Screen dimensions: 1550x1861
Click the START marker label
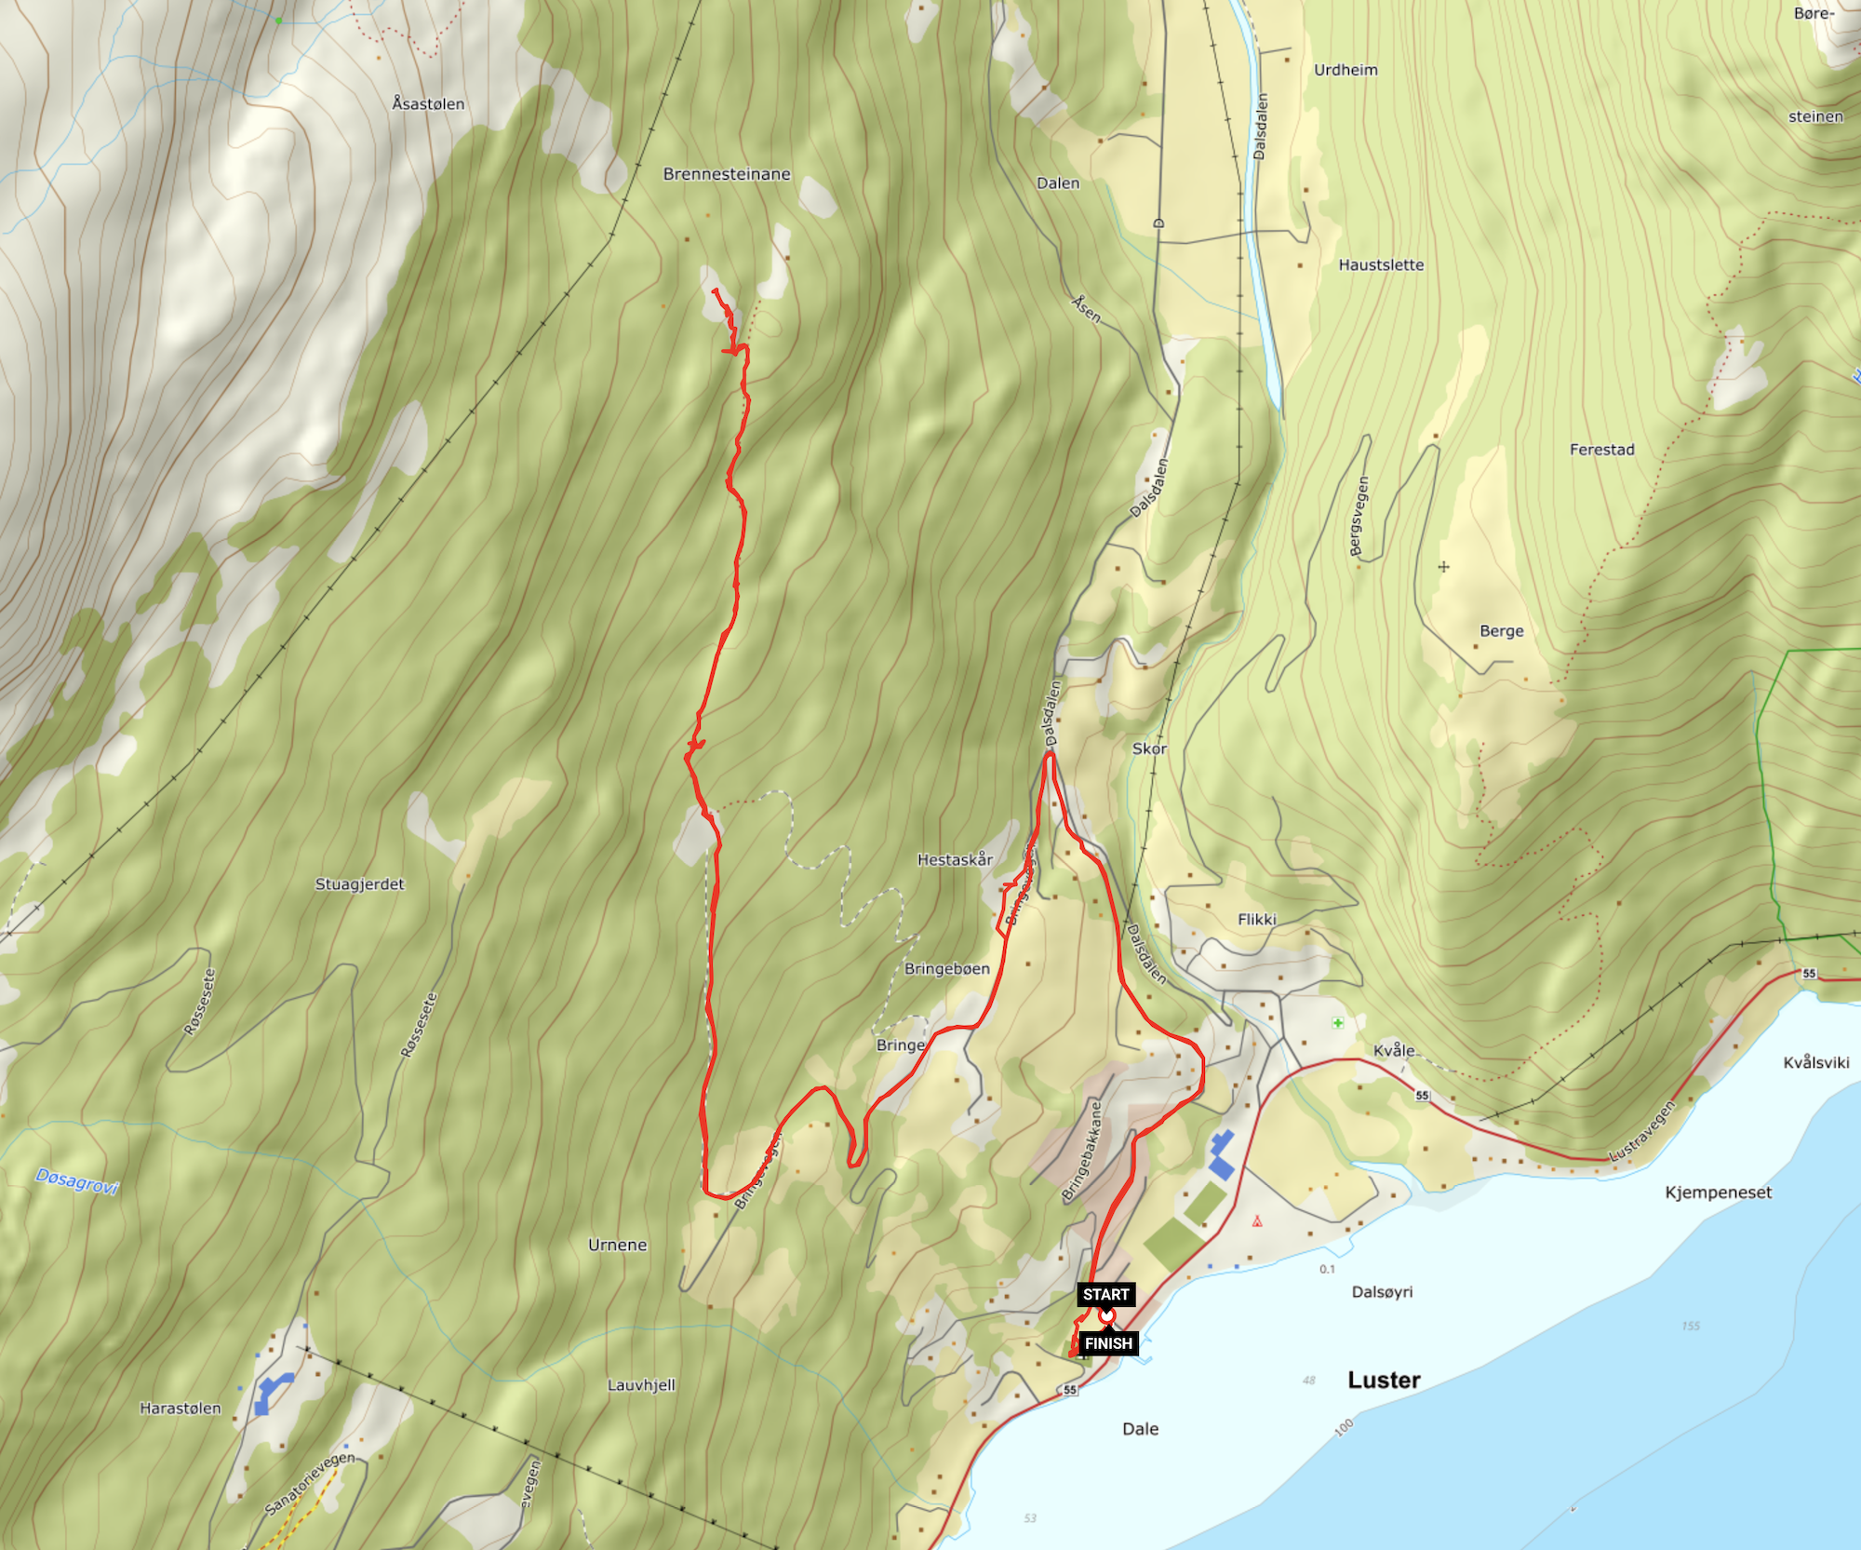click(1105, 1294)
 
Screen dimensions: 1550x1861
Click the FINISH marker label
click(1108, 1343)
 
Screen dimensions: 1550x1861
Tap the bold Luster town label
click(1384, 1381)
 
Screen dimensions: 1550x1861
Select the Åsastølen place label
click(428, 104)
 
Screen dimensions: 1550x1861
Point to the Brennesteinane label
click(727, 174)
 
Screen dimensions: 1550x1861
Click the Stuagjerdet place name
click(359, 884)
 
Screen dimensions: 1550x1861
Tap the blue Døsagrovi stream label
click(77, 1181)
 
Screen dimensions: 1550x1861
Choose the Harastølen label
click(181, 1408)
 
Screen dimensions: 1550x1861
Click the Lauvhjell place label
click(641, 1385)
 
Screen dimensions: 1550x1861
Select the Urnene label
click(617, 1246)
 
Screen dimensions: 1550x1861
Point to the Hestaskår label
click(955, 860)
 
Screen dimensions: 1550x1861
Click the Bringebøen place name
click(947, 969)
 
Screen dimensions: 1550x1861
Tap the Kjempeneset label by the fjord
click(1718, 1193)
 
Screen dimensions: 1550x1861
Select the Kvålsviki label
click(1815, 1063)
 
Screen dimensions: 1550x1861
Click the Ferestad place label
click(1601, 450)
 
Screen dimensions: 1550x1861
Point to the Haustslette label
click(1381, 265)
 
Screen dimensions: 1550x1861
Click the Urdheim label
click(1346, 70)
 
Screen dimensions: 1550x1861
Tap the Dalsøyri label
click(1382, 1292)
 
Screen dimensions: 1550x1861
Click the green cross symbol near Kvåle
click(1337, 1023)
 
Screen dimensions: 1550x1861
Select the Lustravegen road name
click(1642, 1132)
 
